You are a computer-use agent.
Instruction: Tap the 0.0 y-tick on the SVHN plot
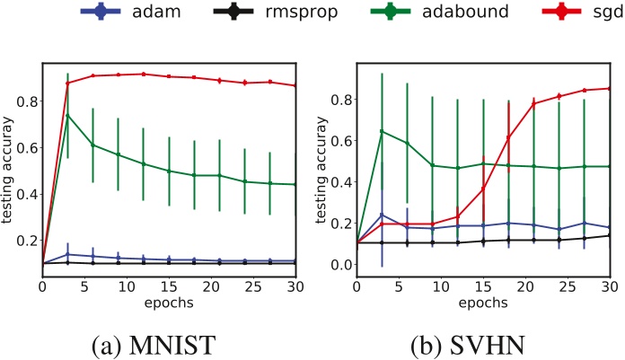339,265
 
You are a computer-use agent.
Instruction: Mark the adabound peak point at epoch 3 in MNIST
67,115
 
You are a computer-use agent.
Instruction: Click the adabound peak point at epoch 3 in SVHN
383,131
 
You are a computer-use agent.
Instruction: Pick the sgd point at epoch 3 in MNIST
67,83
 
